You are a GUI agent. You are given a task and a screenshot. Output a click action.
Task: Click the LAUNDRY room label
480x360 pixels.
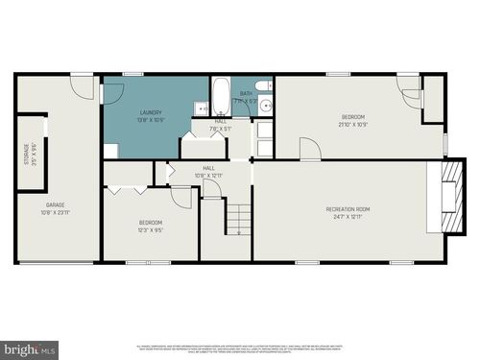click(x=151, y=112)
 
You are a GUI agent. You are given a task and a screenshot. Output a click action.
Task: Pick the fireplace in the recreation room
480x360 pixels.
click(x=446, y=196)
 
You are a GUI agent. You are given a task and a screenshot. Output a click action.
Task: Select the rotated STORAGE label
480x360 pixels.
click(x=26, y=155)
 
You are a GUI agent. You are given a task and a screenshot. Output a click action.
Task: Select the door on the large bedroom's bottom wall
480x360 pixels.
click(x=309, y=150)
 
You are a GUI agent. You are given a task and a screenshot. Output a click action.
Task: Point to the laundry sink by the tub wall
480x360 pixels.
click(x=202, y=108)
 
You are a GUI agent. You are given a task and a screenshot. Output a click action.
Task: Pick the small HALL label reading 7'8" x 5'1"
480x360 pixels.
click(x=221, y=125)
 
